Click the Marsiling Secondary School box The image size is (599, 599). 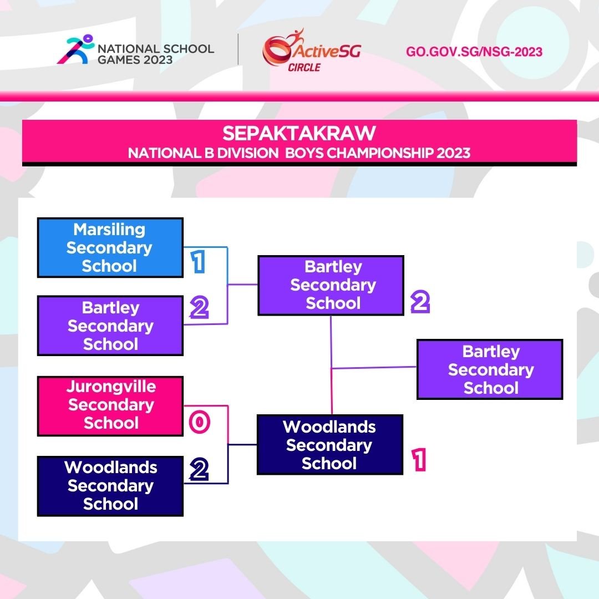110,247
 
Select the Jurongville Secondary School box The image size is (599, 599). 110,405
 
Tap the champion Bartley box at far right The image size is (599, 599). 490,369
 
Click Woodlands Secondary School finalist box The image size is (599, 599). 330,445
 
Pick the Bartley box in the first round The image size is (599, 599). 110,326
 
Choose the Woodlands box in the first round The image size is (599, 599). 110,486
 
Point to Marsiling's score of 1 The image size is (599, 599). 197,262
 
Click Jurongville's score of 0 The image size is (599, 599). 199,423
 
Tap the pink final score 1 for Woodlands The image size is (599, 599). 419,460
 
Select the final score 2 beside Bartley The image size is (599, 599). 420,302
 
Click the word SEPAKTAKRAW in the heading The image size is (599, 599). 299,134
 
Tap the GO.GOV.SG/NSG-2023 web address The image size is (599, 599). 474,52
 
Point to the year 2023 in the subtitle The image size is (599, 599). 453,153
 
